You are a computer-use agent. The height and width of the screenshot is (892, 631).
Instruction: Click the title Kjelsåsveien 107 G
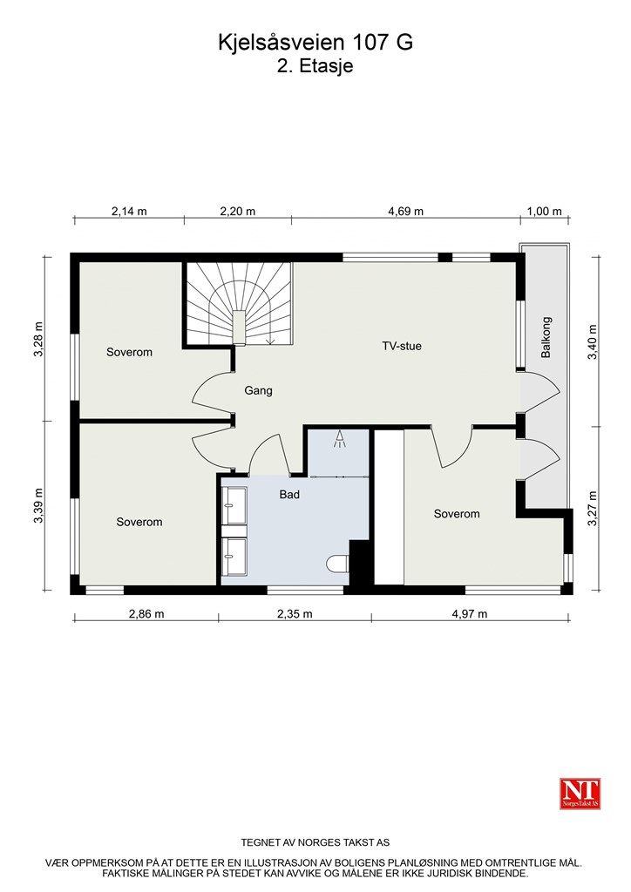[x=315, y=43]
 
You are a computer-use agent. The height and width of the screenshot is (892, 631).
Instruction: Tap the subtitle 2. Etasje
[x=315, y=66]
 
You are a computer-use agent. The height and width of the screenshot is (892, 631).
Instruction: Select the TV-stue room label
[x=402, y=346]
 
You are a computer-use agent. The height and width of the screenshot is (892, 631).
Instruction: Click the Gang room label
[x=258, y=390]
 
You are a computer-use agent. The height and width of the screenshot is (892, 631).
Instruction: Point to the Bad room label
[x=289, y=495]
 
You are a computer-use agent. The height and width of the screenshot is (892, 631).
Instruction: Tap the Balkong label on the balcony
[x=546, y=337]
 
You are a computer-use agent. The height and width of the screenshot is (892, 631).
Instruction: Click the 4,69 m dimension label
[x=405, y=211]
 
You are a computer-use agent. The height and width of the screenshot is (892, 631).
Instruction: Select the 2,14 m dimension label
[x=128, y=211]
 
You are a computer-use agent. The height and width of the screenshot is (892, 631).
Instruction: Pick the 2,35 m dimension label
[x=295, y=613]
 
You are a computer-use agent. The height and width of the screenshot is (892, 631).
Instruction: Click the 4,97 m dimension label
[x=469, y=613]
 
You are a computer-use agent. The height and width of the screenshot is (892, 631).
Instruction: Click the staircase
[x=238, y=305]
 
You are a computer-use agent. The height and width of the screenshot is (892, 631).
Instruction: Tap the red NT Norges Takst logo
[x=580, y=794]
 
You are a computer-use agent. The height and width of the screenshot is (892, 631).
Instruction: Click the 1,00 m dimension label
[x=546, y=211]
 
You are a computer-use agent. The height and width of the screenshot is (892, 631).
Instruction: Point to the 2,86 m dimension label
[x=146, y=613]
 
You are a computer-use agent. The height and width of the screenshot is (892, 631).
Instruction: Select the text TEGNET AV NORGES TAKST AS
[x=315, y=842]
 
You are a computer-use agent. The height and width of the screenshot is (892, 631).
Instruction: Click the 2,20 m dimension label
[x=237, y=211]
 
